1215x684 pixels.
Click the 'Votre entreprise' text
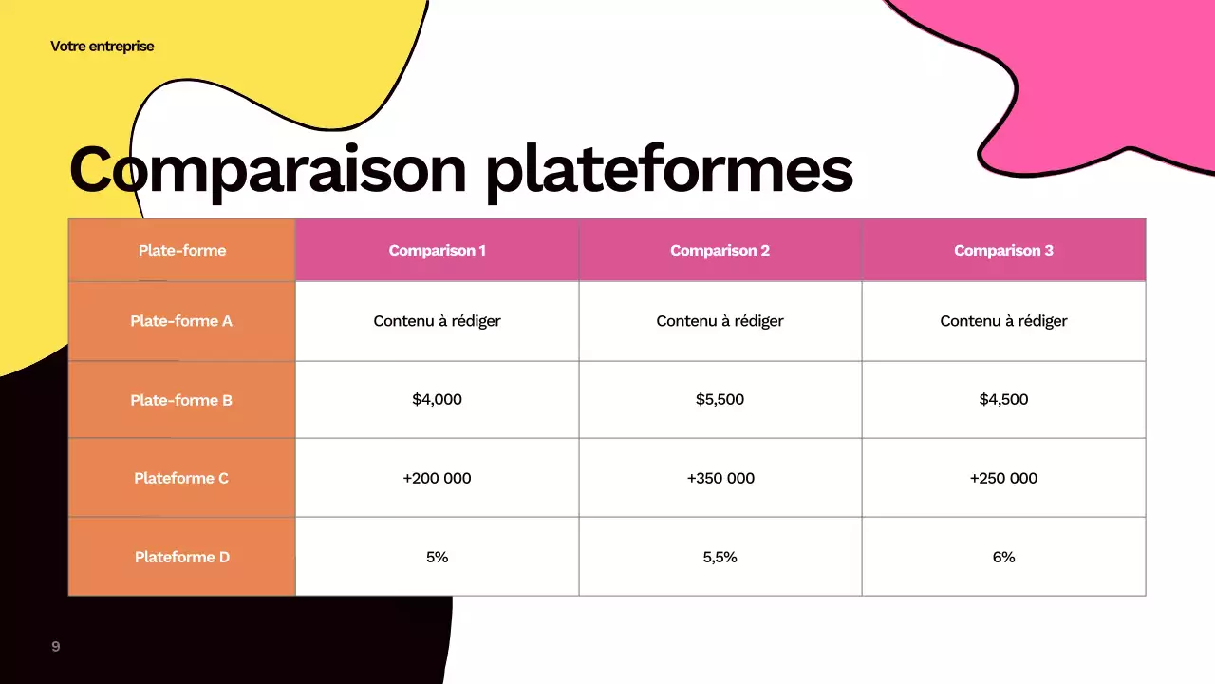(102, 46)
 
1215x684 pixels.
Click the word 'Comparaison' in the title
(268, 169)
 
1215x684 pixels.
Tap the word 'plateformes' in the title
(668, 169)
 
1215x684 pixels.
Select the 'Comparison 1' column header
(437, 251)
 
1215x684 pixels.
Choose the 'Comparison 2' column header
(720, 251)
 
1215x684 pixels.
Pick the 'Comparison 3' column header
(1003, 251)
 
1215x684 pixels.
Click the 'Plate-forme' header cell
(182, 251)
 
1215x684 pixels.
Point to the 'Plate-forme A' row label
(181, 321)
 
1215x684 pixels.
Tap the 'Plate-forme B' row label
(181, 400)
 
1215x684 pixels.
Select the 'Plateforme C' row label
(181, 478)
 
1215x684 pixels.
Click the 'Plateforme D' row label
(181, 557)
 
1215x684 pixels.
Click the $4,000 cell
(437, 400)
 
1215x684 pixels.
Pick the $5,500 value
(720, 400)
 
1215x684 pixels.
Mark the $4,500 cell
(1003, 400)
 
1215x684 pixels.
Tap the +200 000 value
(437, 478)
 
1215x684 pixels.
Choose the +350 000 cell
(720, 478)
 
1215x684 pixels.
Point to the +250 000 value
(1003, 478)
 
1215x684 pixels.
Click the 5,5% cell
(720, 557)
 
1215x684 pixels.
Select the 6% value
(1003, 557)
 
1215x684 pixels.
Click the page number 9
(56, 647)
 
